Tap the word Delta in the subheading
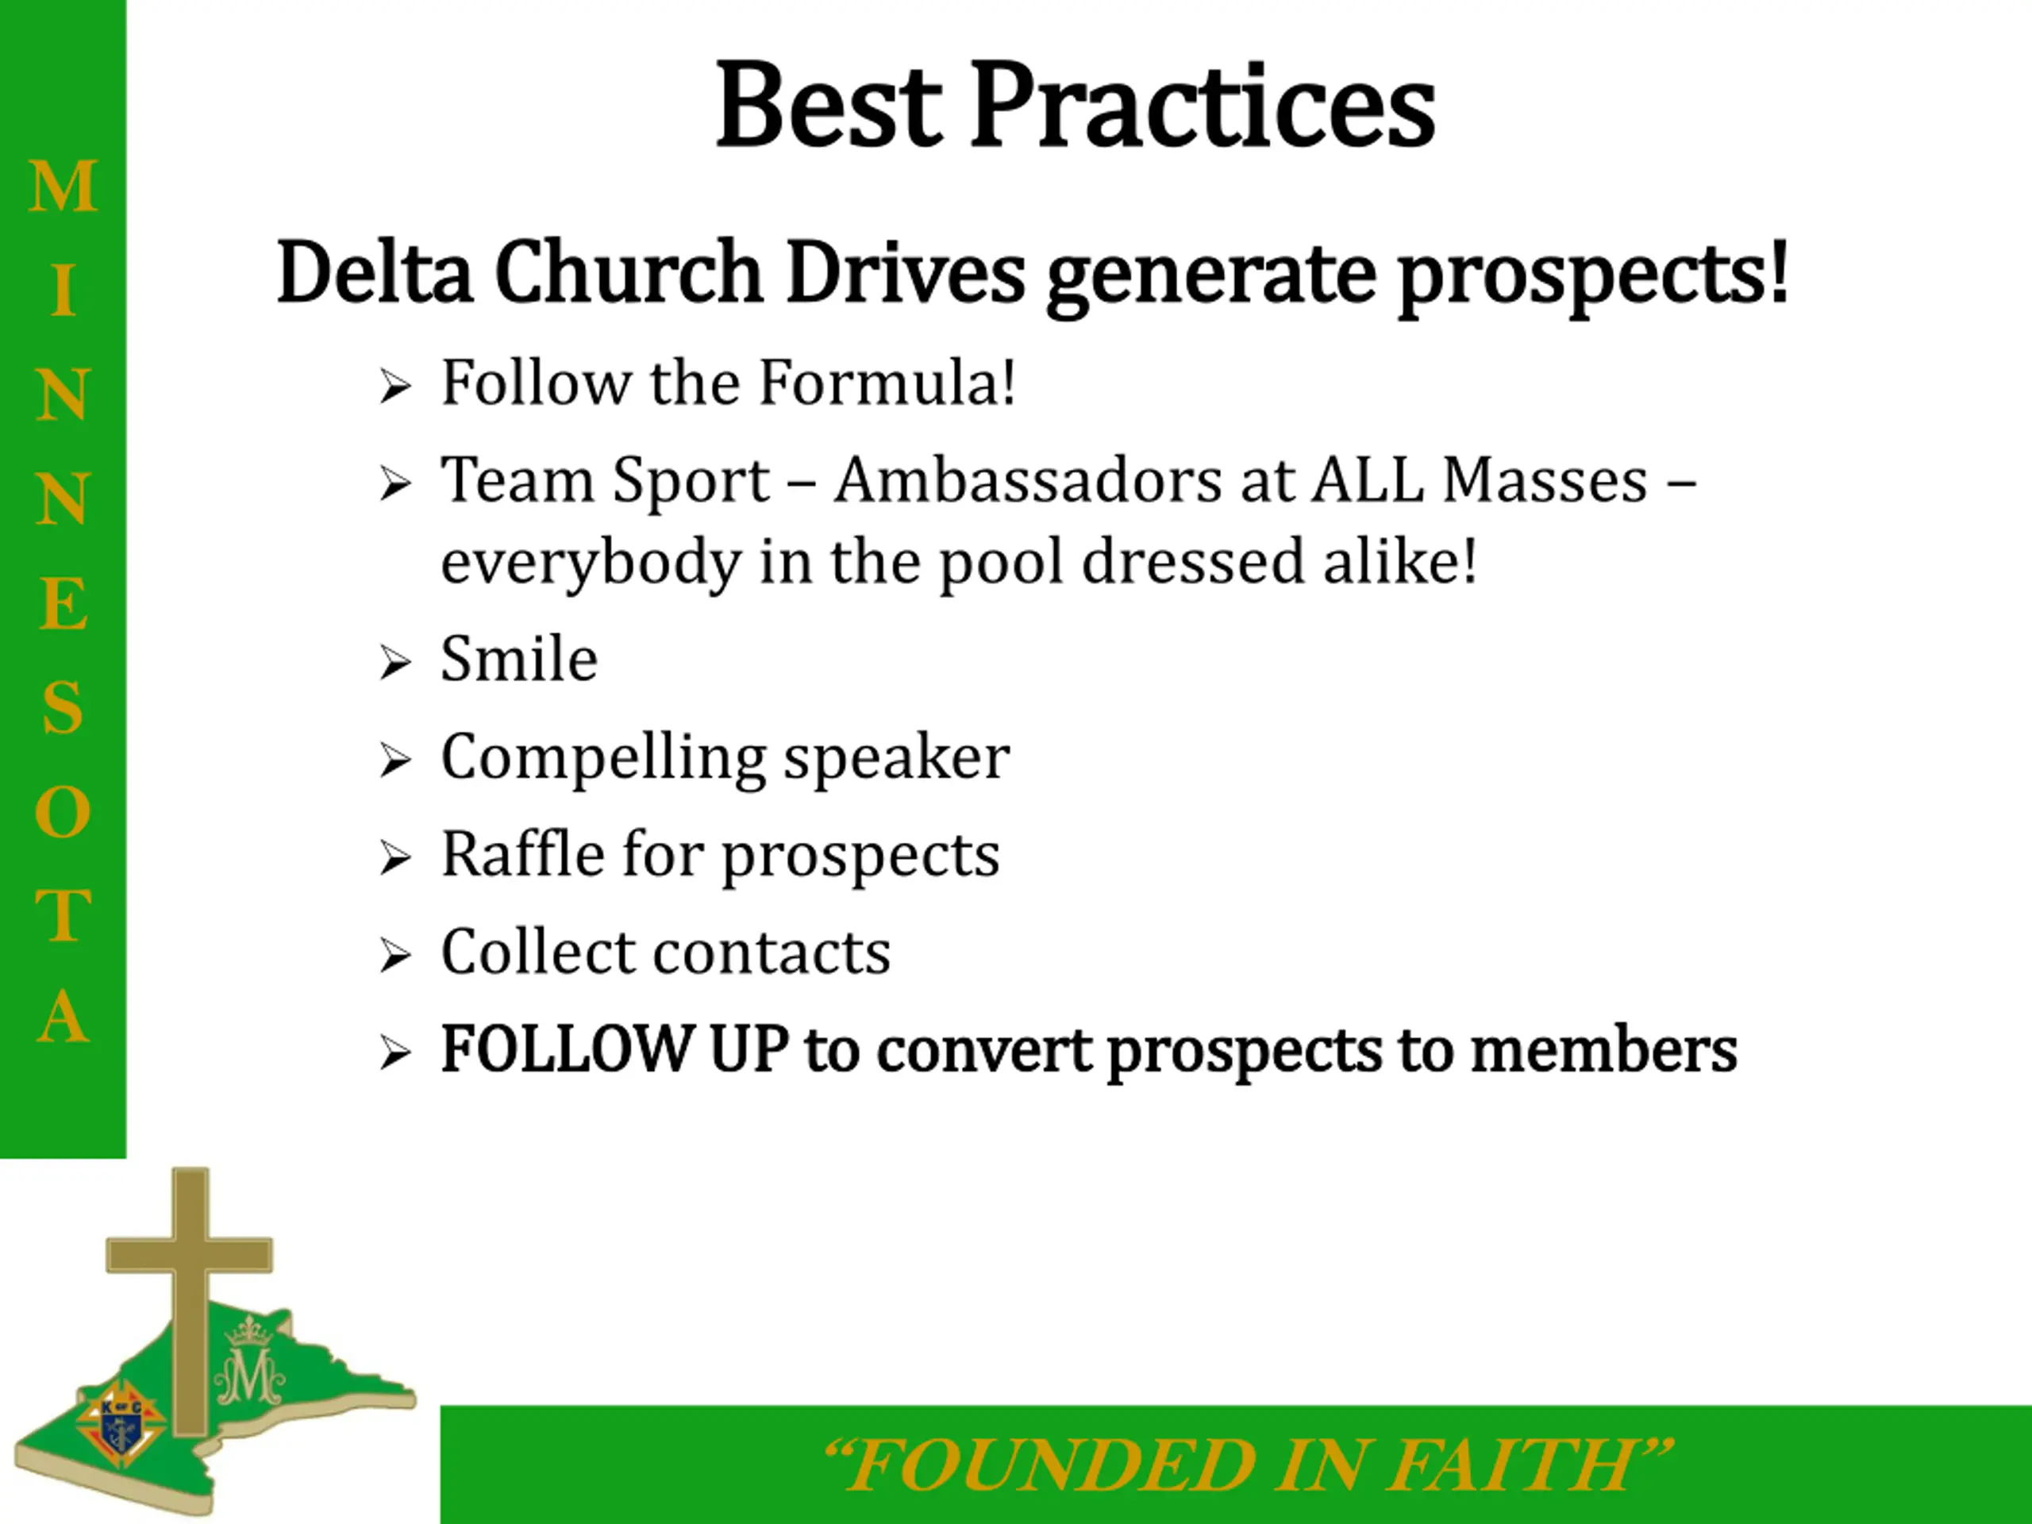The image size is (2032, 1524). point(375,272)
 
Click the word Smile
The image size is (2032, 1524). point(519,659)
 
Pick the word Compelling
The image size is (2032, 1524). point(603,759)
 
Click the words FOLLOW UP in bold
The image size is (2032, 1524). point(614,1049)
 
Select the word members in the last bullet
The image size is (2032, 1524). point(1604,1049)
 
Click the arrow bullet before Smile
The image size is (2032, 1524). point(395,664)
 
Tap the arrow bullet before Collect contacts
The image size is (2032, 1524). point(395,956)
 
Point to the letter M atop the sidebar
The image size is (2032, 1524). point(63,186)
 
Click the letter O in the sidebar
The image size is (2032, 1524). point(63,812)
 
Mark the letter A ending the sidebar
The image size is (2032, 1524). point(63,1016)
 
